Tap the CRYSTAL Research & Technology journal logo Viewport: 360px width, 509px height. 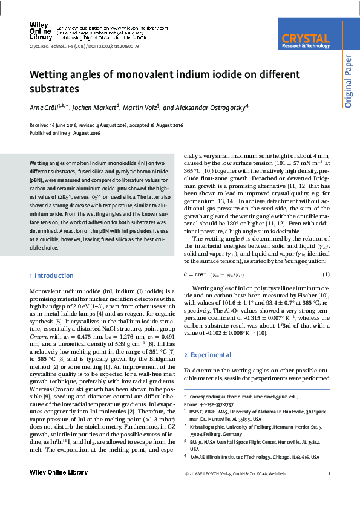306,40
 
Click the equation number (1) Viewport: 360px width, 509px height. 326,275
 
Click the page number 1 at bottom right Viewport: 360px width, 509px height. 328,473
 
